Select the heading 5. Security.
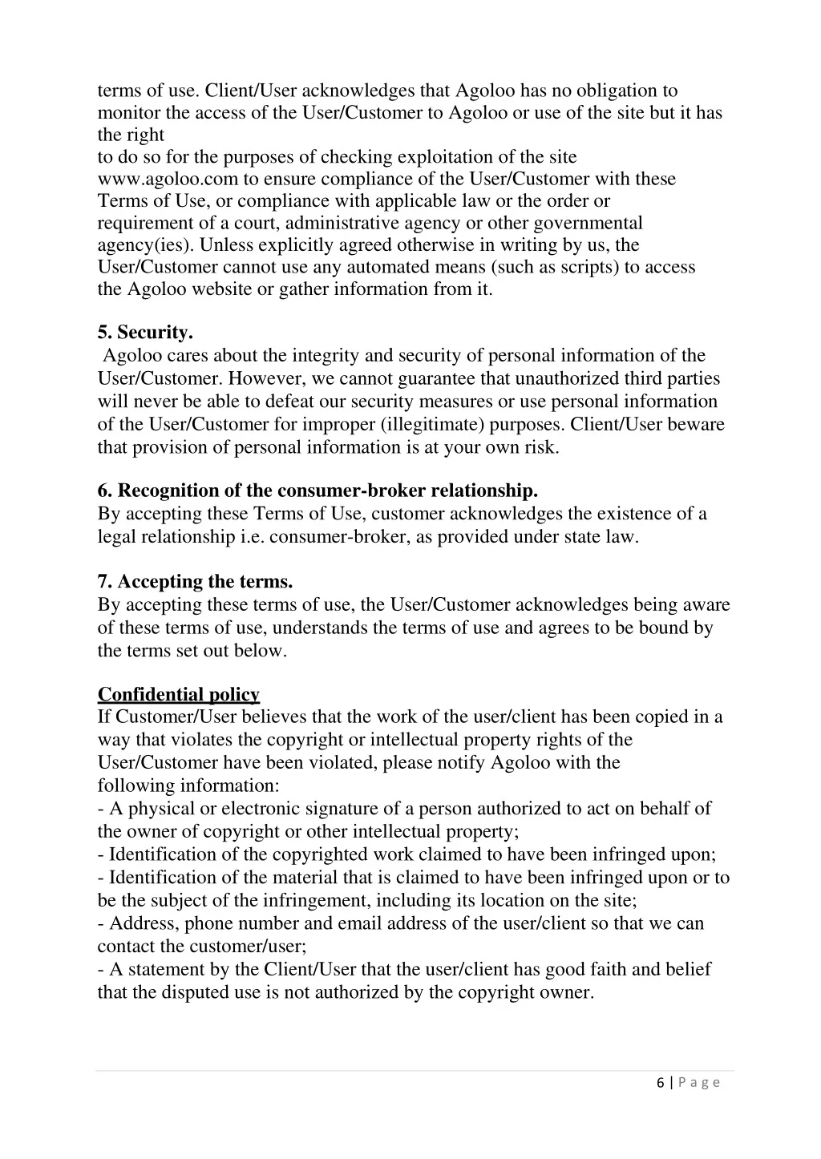(x=145, y=332)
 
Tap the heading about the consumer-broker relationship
(x=317, y=491)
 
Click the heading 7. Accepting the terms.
(x=195, y=581)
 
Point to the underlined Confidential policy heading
(x=179, y=694)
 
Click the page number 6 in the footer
(x=660, y=1083)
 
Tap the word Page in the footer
(x=699, y=1083)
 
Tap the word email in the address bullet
(x=360, y=923)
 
